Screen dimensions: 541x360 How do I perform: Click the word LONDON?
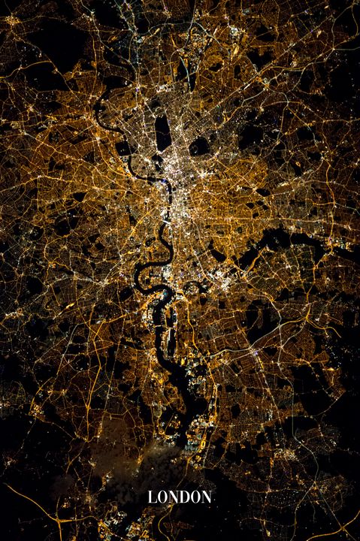pos(180,497)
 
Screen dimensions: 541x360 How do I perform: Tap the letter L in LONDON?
pos(152,497)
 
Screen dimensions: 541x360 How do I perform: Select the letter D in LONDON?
pos(180,497)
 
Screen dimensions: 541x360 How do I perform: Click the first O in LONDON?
pos(161,497)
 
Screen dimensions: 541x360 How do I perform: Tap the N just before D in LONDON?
pos(171,497)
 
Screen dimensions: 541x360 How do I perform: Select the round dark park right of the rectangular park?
pos(199,146)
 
